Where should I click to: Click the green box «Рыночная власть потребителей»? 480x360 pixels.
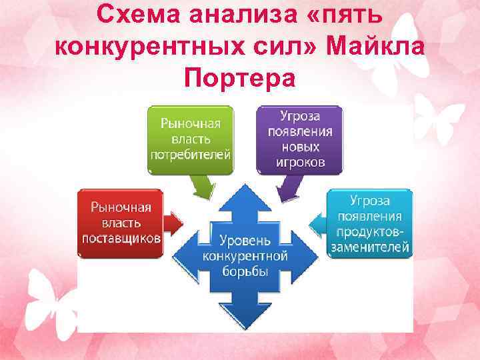191,139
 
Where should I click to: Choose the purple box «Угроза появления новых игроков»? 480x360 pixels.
299,139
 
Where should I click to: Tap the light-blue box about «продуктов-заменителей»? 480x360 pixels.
369,223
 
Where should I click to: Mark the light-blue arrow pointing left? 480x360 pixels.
319,223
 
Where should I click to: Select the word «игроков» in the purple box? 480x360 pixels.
299,161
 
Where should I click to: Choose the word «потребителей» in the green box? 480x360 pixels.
191,154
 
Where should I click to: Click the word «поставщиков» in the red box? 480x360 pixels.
121,238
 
